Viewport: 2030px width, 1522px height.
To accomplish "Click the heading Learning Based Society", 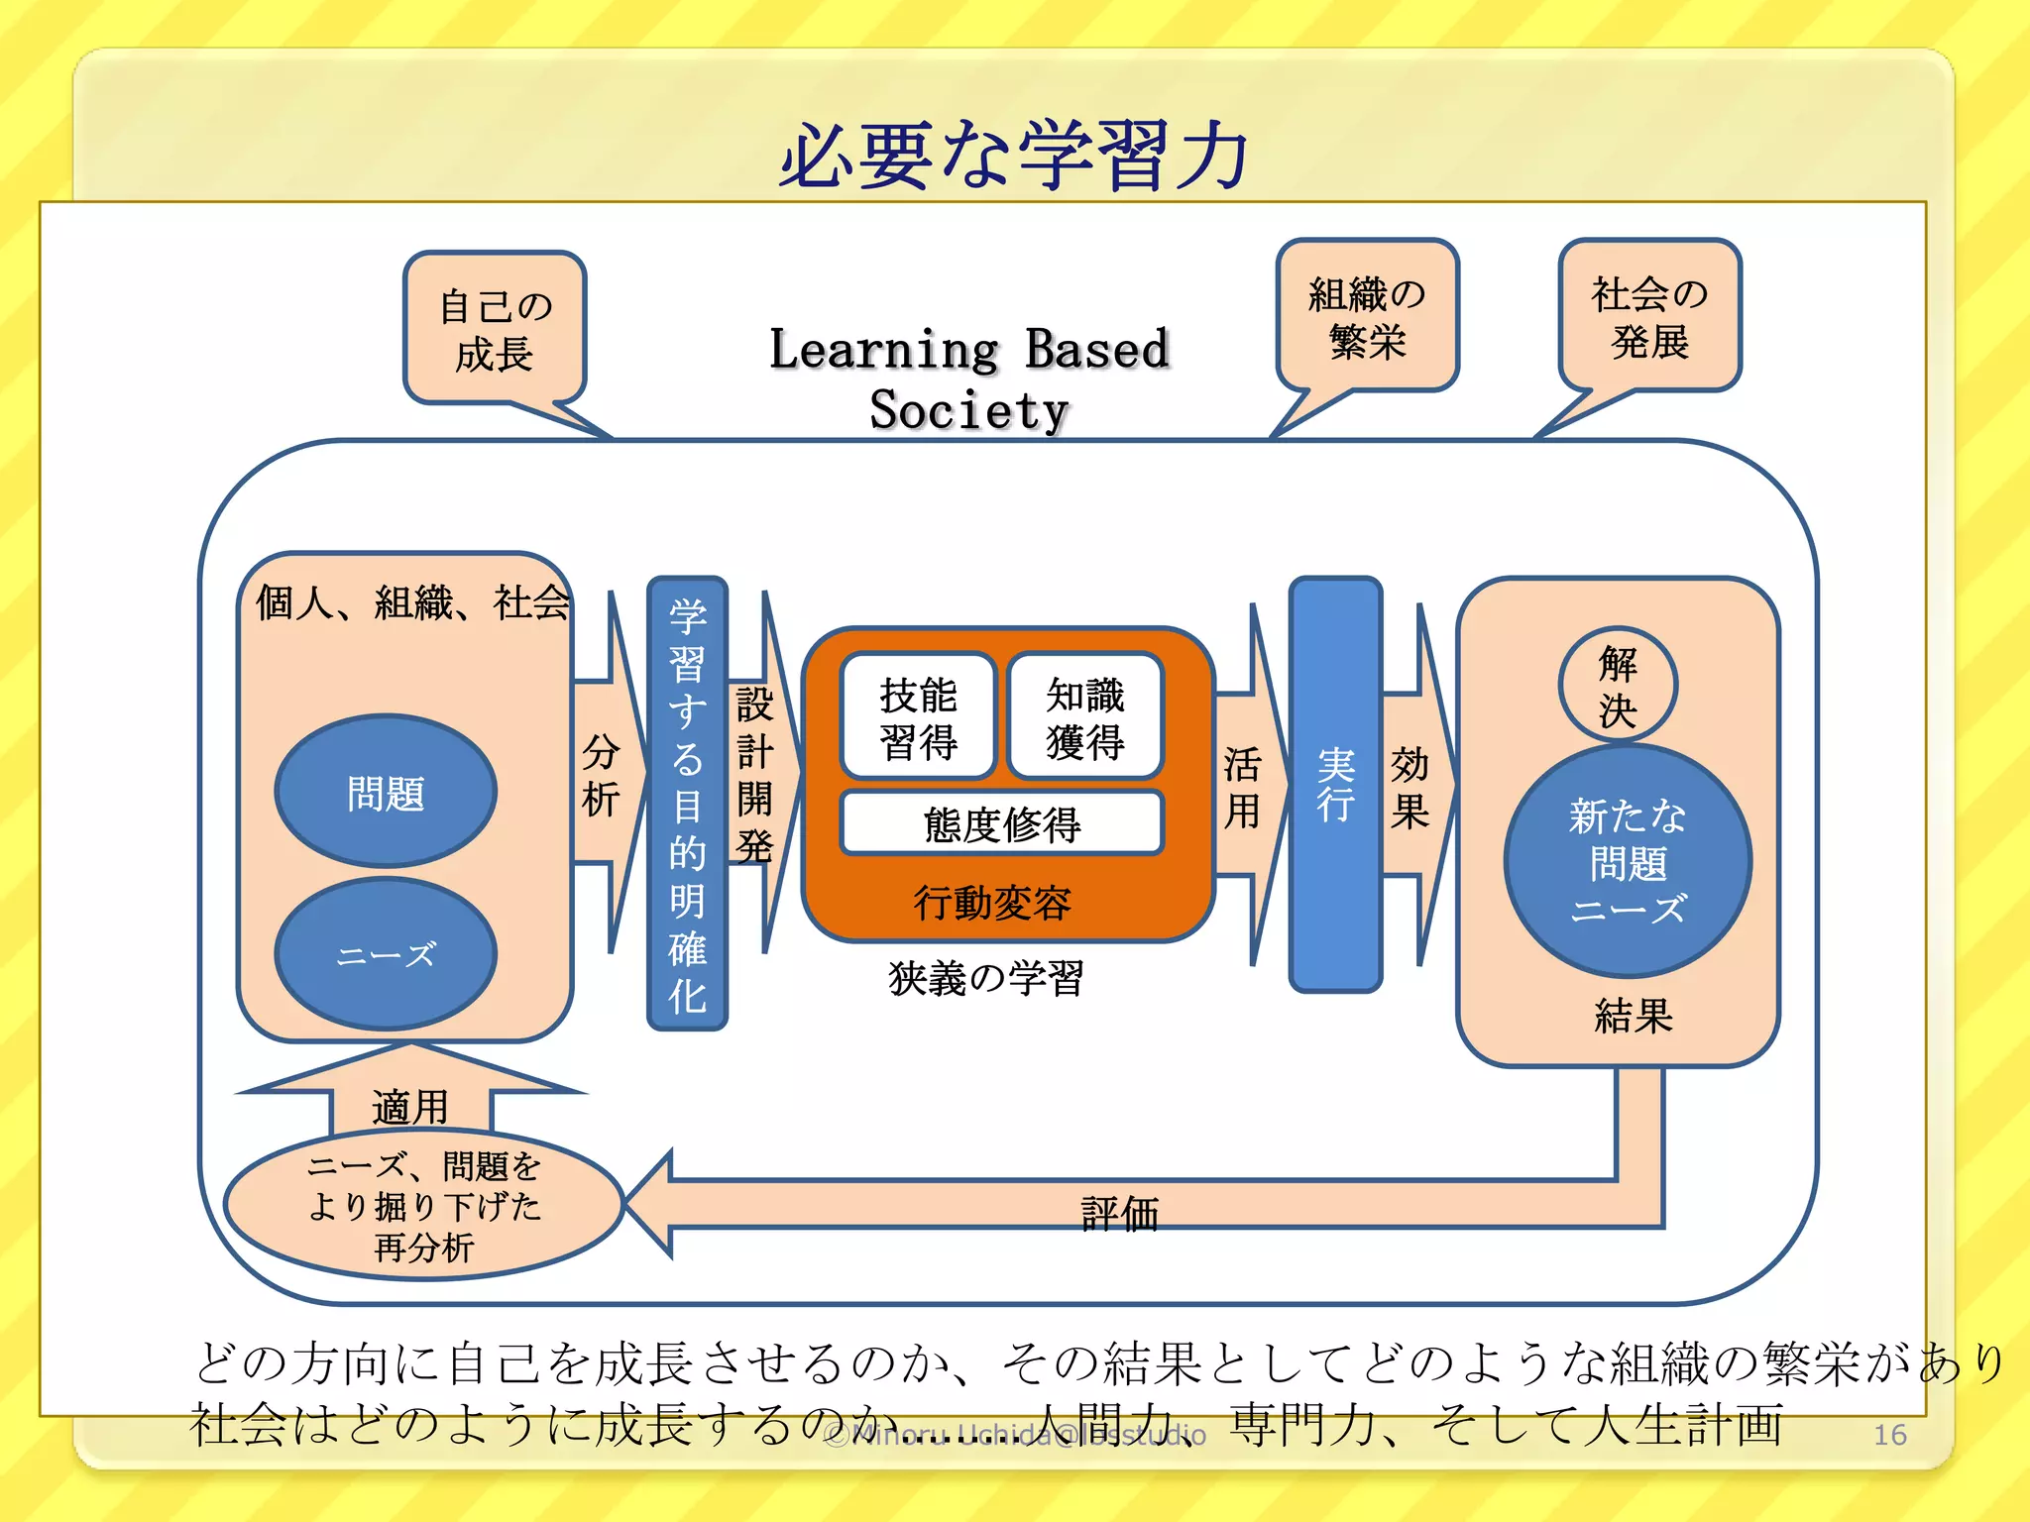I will (x=969, y=379).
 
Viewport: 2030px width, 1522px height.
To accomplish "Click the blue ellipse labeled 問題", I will (x=386, y=793).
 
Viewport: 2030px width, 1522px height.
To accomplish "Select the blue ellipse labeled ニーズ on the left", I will (x=386, y=954).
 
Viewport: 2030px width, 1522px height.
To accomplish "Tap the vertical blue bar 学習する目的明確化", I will (x=687, y=804).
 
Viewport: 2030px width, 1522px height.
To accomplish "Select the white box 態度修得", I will (x=1001, y=823).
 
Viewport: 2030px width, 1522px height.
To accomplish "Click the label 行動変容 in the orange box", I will (x=992, y=902).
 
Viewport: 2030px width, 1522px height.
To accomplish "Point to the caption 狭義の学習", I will (x=986, y=978).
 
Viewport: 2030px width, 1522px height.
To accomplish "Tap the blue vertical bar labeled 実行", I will (x=1335, y=784).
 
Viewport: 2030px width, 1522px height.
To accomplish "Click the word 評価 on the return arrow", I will (x=1120, y=1213).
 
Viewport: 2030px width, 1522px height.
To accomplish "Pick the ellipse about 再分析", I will (x=424, y=1205).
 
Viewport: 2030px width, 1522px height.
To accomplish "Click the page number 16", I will (x=1889, y=1434).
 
